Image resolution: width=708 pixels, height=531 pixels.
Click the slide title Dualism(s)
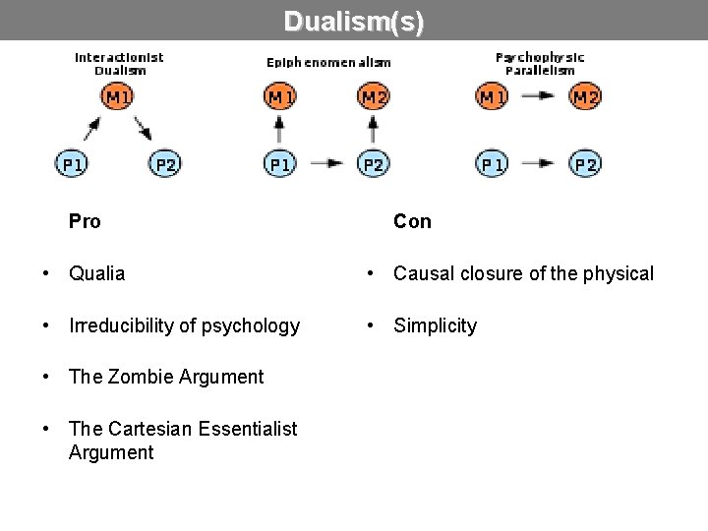pos(354,21)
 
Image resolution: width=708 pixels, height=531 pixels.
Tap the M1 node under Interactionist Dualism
pos(118,96)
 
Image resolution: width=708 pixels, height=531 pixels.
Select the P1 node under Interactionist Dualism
pos(72,163)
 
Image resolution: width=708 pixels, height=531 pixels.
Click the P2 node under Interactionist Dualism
pos(165,163)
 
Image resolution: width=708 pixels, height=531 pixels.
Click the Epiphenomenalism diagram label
pos(328,62)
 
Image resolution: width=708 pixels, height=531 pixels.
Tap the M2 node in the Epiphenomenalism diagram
pos(374,96)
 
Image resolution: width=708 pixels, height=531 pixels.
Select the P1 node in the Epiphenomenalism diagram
pos(280,163)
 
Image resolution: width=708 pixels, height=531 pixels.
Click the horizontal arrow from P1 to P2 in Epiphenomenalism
pos(326,163)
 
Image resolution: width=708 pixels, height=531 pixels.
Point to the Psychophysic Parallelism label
pos(540,63)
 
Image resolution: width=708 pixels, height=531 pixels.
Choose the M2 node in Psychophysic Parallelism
pos(585,96)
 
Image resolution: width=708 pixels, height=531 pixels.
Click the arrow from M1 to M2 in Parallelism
pos(538,96)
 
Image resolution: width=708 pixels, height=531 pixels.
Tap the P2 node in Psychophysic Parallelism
pos(585,163)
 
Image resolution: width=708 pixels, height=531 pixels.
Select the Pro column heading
pos(85,221)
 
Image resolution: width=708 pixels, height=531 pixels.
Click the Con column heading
pos(412,221)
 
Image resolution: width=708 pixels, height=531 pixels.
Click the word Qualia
pos(97,273)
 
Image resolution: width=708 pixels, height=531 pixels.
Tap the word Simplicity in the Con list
pos(435,325)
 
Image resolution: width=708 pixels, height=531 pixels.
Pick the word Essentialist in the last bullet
pos(248,428)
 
